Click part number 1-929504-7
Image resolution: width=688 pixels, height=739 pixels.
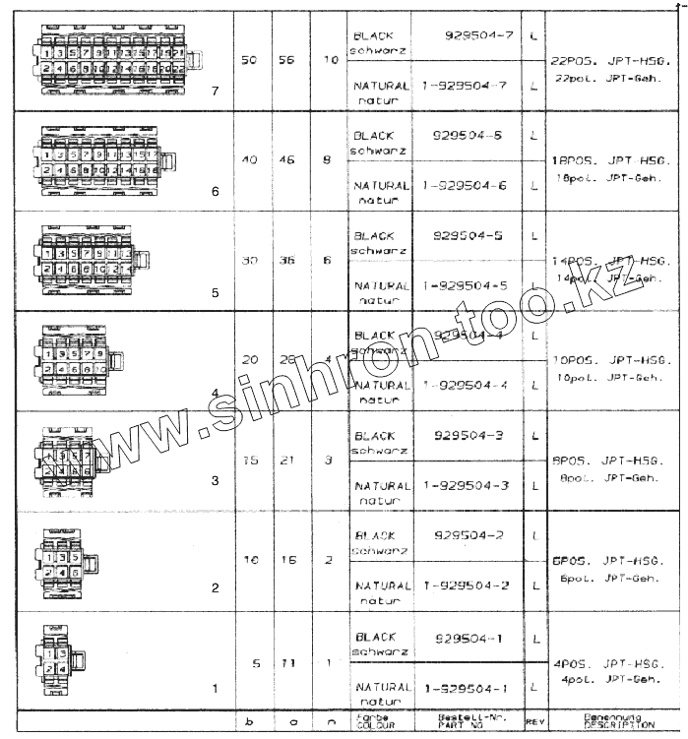coord(464,86)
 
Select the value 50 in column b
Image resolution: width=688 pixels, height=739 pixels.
coord(249,59)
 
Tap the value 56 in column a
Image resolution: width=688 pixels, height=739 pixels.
coord(287,59)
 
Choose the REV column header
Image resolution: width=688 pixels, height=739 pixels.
coord(534,721)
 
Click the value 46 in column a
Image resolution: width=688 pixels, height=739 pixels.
coord(287,158)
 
